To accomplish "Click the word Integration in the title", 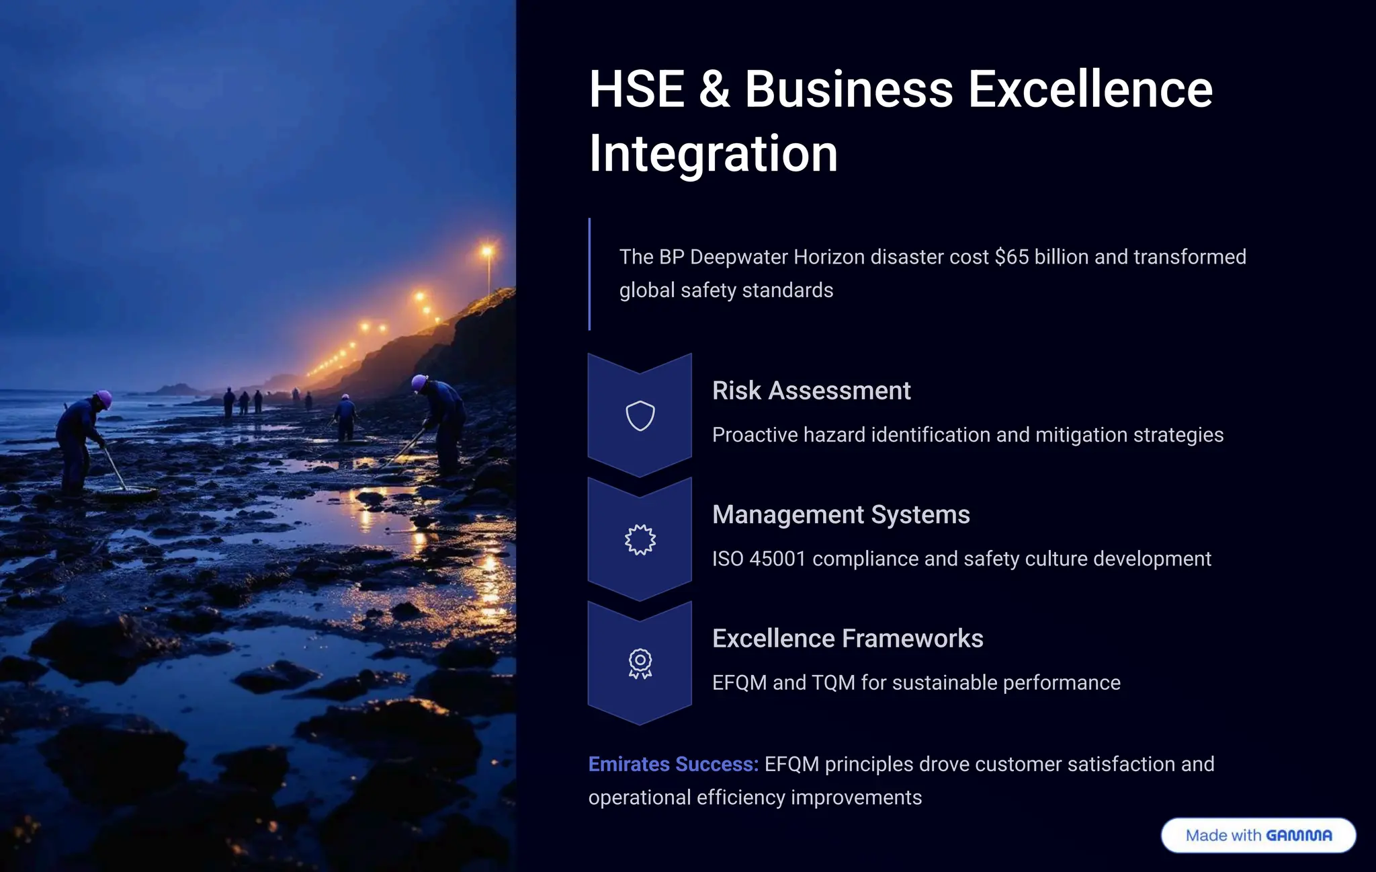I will pyautogui.click(x=713, y=154).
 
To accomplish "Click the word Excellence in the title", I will pyautogui.click(x=1090, y=89).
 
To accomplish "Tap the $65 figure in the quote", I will pyautogui.click(x=1011, y=257).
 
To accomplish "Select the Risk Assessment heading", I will pyautogui.click(x=811, y=391).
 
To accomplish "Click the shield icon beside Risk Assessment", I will pyautogui.click(x=640, y=415).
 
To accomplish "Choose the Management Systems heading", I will pyautogui.click(x=841, y=514).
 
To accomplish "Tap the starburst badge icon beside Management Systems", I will pyautogui.click(x=640, y=539).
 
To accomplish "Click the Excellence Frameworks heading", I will pyautogui.click(x=847, y=638).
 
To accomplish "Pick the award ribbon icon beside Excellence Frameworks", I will pyautogui.click(x=640, y=664).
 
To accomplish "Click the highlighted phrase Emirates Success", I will pyautogui.click(x=673, y=764).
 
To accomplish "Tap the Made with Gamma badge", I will pyautogui.click(x=1258, y=835).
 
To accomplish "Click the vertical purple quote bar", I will pyautogui.click(x=589, y=274).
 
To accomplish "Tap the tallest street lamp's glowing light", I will pyautogui.click(x=487, y=251).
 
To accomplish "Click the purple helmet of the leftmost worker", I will pyautogui.click(x=104, y=397).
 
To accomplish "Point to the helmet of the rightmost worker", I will pyautogui.click(x=419, y=382).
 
